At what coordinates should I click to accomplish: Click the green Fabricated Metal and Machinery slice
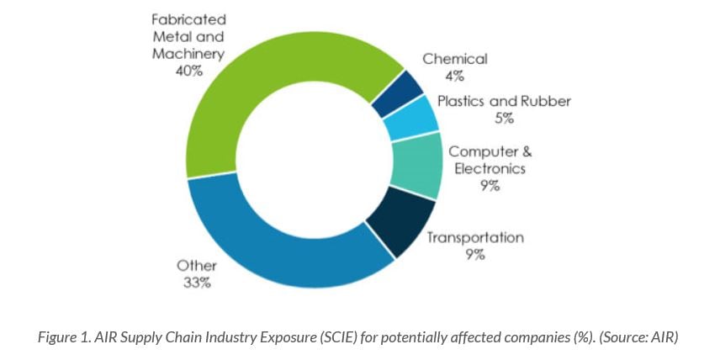point(252,93)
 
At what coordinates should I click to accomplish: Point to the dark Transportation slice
point(393,218)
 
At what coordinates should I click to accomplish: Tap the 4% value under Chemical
point(455,76)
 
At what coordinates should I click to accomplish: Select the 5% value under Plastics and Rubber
point(505,118)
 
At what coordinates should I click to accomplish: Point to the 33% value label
point(197,283)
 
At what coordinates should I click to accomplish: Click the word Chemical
point(455,59)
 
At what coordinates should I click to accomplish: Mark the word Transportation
point(475,237)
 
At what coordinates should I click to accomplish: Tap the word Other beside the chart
point(197,266)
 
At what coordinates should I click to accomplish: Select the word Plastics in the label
point(466,101)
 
